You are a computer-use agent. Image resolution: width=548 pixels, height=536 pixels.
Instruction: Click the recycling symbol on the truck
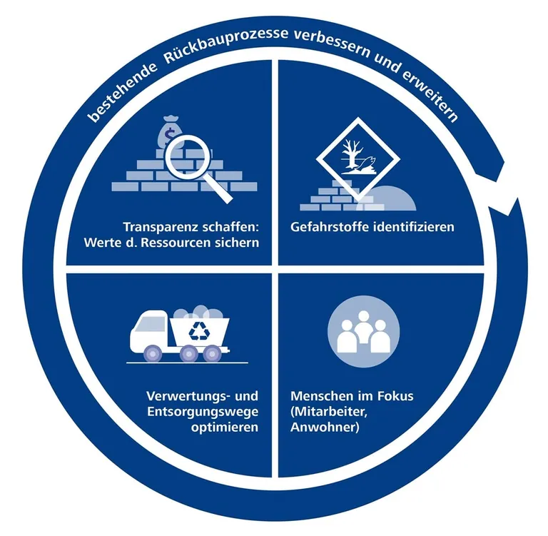196,329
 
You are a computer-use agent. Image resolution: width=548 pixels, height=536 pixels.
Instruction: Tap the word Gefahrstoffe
325,227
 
